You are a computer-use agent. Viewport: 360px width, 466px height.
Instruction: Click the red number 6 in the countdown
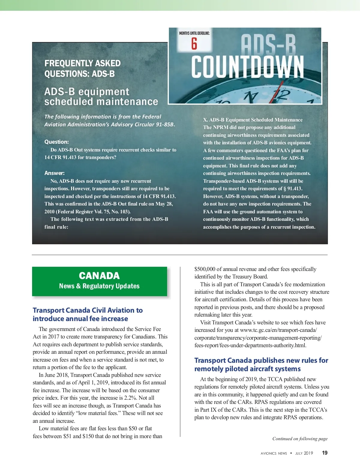click(194, 44)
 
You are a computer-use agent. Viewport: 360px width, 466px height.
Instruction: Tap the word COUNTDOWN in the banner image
click(247, 67)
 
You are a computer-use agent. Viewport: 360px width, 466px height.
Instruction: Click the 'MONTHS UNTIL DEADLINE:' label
click(194, 33)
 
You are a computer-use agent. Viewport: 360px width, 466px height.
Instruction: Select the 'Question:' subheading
click(56, 142)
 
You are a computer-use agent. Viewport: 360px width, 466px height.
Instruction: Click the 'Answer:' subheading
click(54, 173)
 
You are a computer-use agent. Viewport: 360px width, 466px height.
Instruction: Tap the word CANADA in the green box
click(99, 276)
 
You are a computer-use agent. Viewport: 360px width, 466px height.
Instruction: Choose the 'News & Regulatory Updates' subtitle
click(99, 286)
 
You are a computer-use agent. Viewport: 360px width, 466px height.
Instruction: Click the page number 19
click(325, 453)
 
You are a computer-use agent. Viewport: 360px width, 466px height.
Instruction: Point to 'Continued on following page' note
click(300, 439)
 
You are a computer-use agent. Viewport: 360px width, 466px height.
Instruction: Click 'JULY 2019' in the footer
click(304, 453)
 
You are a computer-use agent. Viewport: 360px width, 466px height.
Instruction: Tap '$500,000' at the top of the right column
click(205, 269)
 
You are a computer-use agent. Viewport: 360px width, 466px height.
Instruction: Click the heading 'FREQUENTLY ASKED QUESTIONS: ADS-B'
click(82, 68)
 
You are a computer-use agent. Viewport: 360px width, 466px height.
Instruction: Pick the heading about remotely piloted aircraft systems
click(261, 364)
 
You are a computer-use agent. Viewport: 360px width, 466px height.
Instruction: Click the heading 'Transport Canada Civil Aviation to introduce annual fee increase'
click(88, 314)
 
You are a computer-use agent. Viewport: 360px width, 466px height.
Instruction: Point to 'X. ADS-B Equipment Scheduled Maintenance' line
click(253, 120)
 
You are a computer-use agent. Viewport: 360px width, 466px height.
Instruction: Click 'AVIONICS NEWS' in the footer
click(274, 453)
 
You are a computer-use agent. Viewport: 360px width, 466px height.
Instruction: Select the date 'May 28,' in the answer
click(164, 204)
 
